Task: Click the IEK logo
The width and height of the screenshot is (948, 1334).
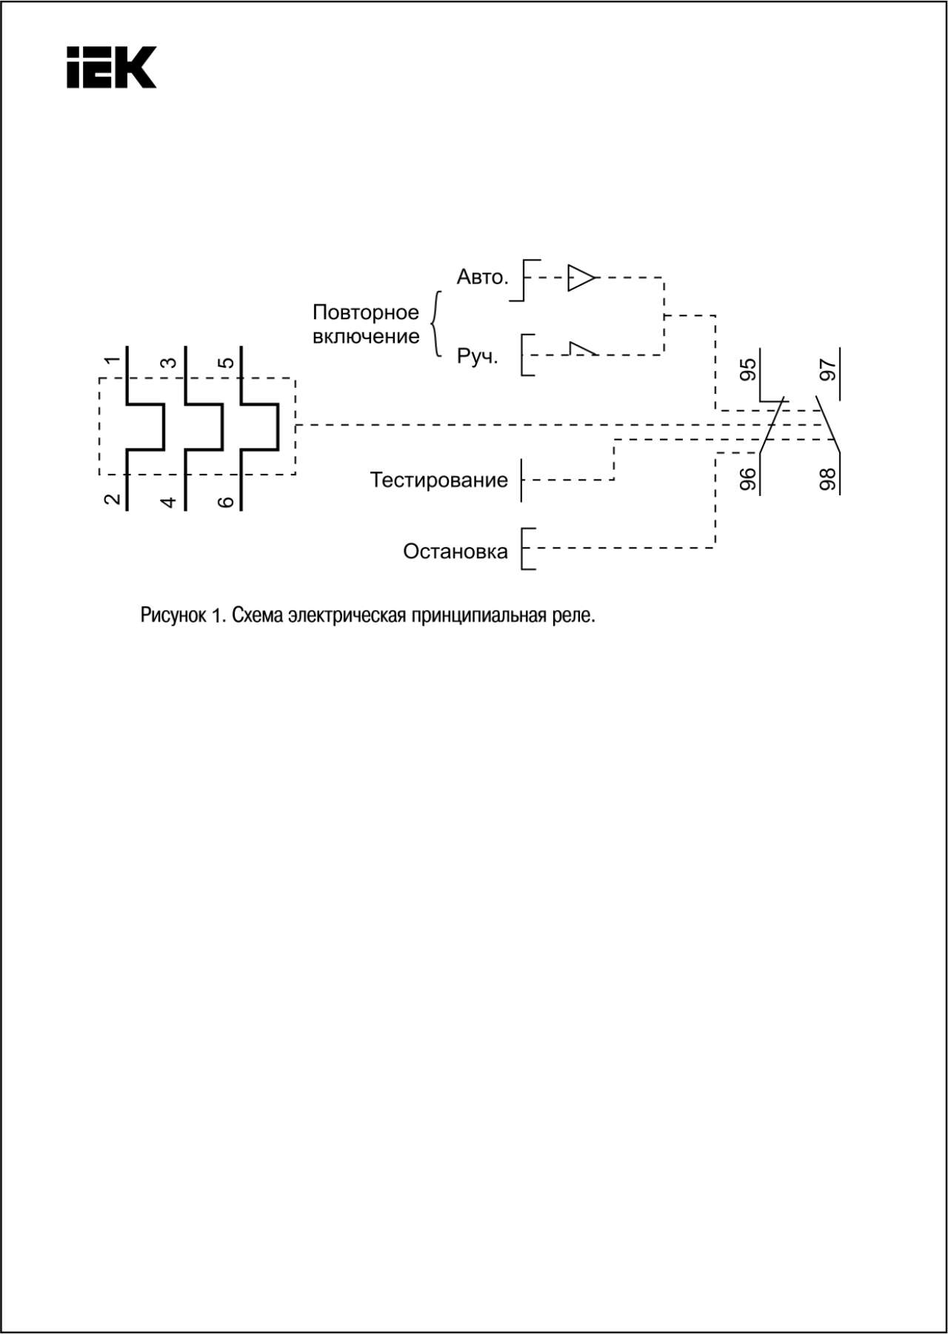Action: (111, 67)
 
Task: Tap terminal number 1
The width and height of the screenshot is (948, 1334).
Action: (112, 361)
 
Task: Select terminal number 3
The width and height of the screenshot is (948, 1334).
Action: (169, 363)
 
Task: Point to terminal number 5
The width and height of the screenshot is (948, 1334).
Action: (227, 363)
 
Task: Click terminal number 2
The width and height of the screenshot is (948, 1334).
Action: (112, 499)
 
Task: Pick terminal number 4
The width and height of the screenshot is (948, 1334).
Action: (169, 502)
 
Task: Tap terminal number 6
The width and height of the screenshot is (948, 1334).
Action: (227, 502)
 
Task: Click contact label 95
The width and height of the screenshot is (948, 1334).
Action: (749, 369)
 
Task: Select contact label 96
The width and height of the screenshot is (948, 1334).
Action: (749, 479)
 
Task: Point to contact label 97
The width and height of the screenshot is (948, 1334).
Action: (828, 369)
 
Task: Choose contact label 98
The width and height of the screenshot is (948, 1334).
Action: (828, 479)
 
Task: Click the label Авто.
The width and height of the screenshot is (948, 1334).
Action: (483, 277)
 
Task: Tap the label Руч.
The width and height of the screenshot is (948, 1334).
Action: (478, 356)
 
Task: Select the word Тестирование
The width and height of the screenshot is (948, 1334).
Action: (439, 480)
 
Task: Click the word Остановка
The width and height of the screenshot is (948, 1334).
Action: (455, 551)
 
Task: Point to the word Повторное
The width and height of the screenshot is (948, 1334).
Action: (366, 312)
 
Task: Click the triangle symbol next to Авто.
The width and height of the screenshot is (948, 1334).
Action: (581, 278)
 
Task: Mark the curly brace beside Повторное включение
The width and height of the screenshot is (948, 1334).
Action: (437, 324)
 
